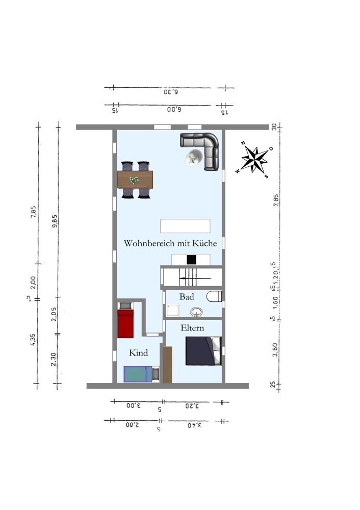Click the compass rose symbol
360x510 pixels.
click(x=254, y=160)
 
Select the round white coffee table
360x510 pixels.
click(x=192, y=159)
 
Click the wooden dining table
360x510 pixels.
click(x=135, y=180)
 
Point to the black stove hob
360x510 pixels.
click(x=192, y=260)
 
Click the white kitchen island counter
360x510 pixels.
click(x=185, y=226)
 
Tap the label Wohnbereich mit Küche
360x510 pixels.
click(x=170, y=244)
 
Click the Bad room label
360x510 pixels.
click(x=187, y=296)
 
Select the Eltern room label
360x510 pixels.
click(x=192, y=328)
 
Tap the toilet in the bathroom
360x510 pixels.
click(x=215, y=296)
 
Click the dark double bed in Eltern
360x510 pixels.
click(x=203, y=351)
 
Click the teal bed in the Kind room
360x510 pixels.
click(x=138, y=374)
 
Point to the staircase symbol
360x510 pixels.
click(x=192, y=278)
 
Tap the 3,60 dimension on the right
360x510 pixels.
click(x=275, y=350)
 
